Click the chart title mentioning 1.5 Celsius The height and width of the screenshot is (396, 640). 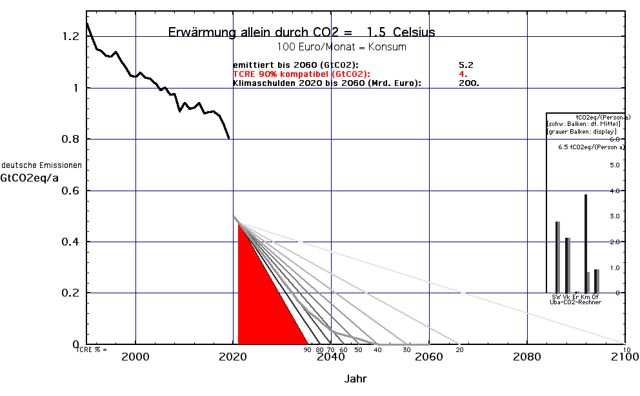301,32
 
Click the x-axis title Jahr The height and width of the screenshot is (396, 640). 356,379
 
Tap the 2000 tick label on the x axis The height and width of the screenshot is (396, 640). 136,357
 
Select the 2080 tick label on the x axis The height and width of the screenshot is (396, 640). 527,357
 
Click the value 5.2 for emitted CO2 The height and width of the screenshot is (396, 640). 466,65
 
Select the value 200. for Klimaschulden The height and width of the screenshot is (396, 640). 469,83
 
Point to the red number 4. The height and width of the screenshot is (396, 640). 463,74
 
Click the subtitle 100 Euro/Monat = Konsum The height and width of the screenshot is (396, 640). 341,47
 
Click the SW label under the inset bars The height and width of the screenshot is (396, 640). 556,297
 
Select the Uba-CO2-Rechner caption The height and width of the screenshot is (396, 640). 575,302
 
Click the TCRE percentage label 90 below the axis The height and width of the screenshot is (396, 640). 307,349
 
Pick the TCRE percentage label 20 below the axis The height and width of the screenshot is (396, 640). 459,349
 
